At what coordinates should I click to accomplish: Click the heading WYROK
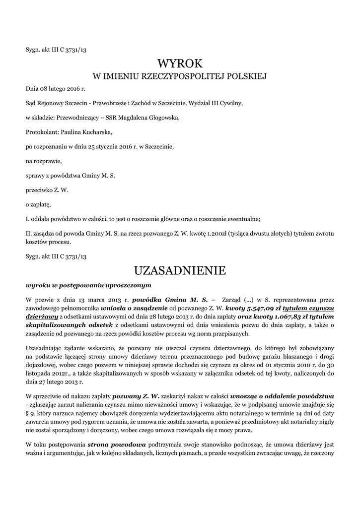tap(180, 63)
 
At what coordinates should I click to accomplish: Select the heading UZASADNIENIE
tap(180, 270)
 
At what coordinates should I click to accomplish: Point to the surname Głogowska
tap(158, 118)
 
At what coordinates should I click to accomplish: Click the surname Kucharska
tap(96, 132)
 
